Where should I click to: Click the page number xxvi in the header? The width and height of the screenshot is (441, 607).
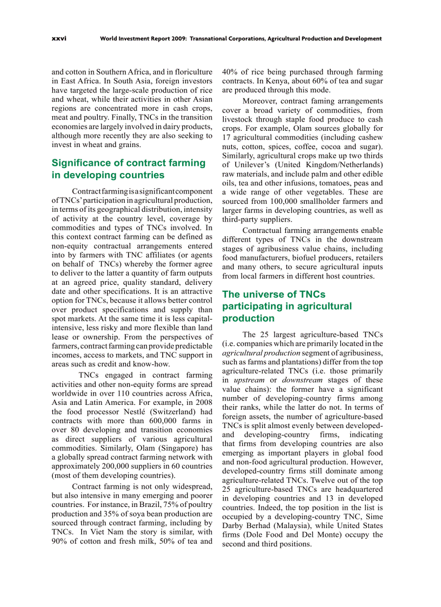point(59,38)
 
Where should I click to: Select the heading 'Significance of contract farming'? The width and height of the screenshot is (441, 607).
point(129,163)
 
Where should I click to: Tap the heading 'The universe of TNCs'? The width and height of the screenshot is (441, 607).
point(274,294)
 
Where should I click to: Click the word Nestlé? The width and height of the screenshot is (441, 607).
point(123,411)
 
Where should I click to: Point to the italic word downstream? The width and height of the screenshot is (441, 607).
point(304,380)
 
